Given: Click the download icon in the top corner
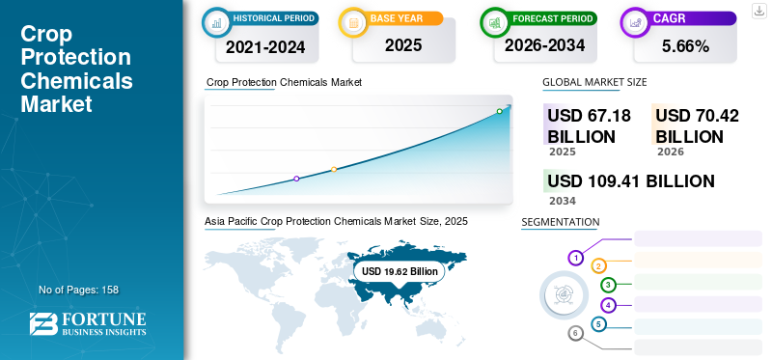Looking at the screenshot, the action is click(x=758, y=11).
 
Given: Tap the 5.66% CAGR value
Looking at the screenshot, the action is click(x=685, y=46).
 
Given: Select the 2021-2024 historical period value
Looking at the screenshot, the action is click(x=265, y=47).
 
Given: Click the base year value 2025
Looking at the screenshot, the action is click(x=403, y=45).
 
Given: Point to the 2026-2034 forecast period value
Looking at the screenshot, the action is click(x=544, y=45).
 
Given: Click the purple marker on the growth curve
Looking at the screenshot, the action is click(x=296, y=179).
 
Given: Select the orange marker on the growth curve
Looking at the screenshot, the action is click(x=334, y=170).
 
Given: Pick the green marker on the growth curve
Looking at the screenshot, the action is click(x=499, y=111).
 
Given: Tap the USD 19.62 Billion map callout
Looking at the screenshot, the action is click(x=400, y=271).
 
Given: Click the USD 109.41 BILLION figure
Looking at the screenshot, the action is click(x=631, y=181).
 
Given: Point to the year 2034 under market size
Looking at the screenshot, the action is click(x=563, y=201).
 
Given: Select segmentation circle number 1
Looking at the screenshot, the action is click(x=575, y=258).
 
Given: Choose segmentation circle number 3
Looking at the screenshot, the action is click(x=609, y=285).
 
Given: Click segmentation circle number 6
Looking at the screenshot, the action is click(x=575, y=334).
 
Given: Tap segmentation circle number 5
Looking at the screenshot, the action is click(x=598, y=324).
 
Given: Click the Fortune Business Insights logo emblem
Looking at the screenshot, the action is click(x=43, y=324).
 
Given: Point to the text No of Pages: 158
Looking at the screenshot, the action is click(x=79, y=290).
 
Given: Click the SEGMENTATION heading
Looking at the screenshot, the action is click(x=561, y=222).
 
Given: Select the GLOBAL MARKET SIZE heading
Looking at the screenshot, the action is click(x=594, y=82).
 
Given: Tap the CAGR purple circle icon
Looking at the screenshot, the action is click(x=636, y=22).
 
